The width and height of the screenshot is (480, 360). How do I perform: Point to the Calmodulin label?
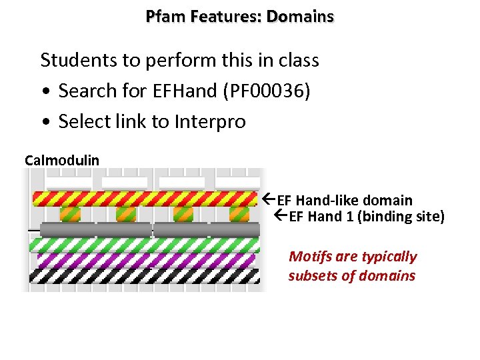pyautogui.click(x=62, y=160)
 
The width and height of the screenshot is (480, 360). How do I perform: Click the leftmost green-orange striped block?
pyautogui.click(x=70, y=214)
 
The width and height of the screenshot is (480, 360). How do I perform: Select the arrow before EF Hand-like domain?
pyautogui.click(x=269, y=199)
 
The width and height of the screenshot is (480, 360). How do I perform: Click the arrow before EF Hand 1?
pyautogui.click(x=281, y=216)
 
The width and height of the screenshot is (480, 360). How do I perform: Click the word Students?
pyautogui.click(x=75, y=60)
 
